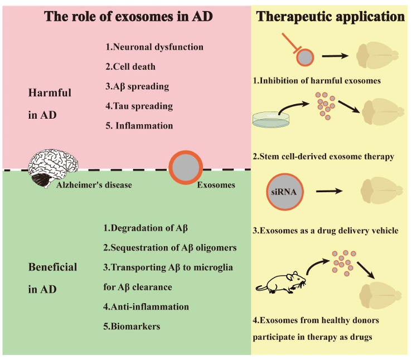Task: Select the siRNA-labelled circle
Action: [x=286, y=192]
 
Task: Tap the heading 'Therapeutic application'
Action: [x=331, y=17]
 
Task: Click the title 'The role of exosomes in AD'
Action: [x=128, y=17]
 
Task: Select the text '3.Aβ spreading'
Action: [x=137, y=86]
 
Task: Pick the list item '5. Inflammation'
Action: [x=139, y=125]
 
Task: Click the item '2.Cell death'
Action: [x=130, y=67]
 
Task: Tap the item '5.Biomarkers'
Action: [x=132, y=326]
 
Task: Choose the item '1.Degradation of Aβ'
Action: [x=146, y=228]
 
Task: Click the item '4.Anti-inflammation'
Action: [x=146, y=307]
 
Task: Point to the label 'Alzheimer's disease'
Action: [x=94, y=185]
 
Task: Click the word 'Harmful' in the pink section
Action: [x=50, y=93]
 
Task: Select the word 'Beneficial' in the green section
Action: [x=52, y=267]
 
